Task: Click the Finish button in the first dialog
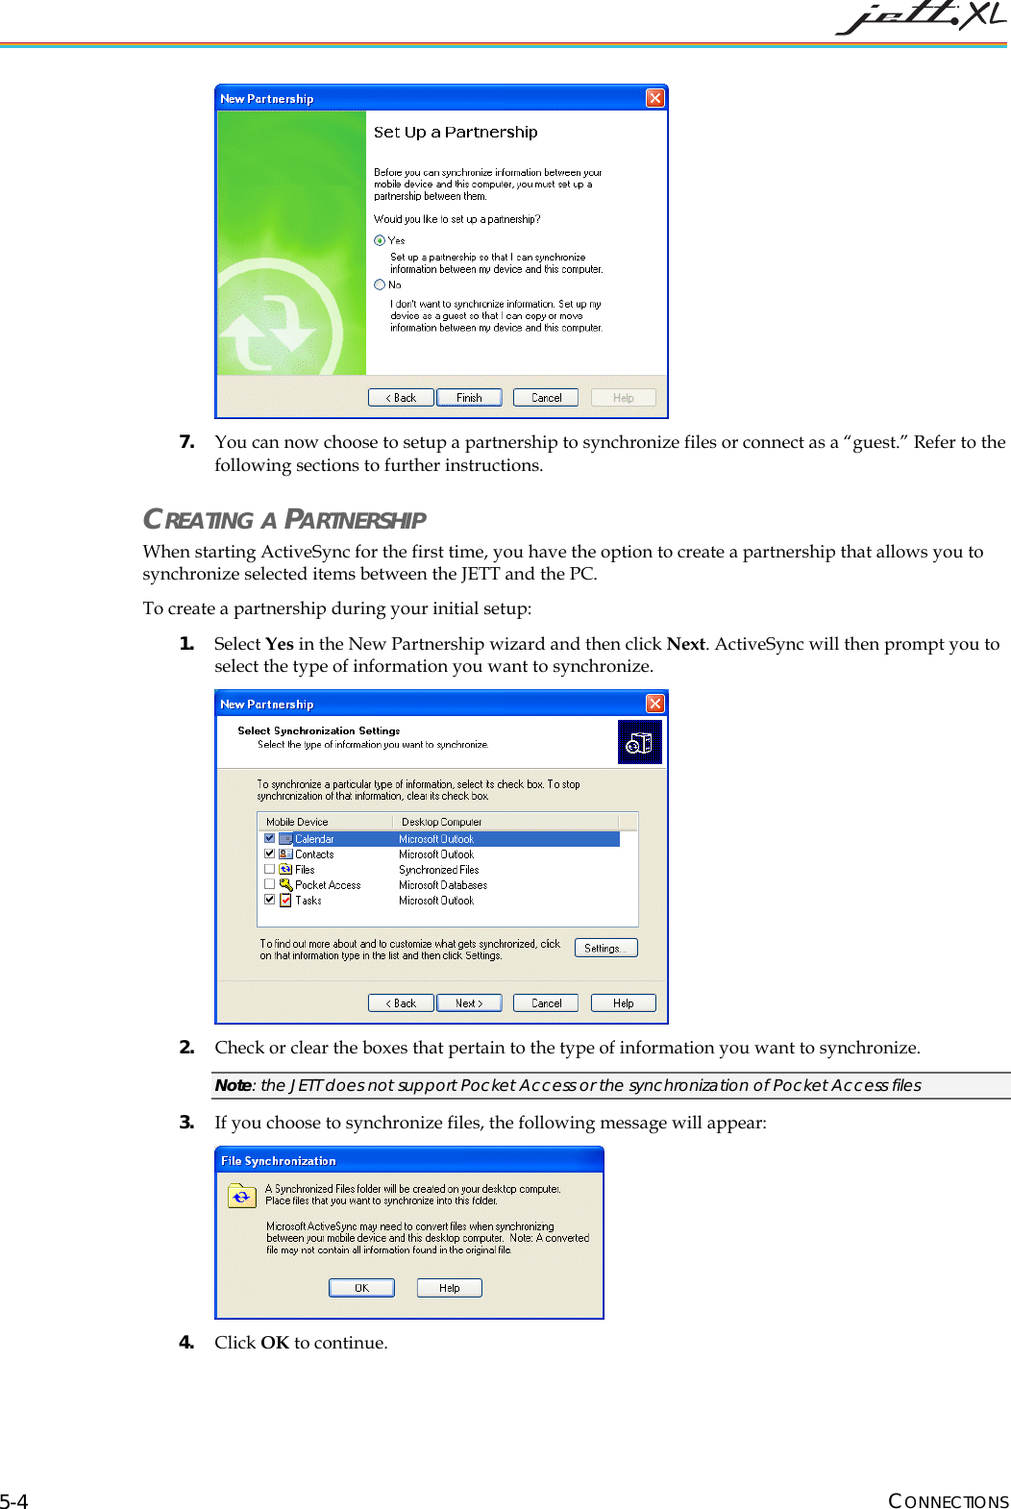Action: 469,398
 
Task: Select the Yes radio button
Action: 380,240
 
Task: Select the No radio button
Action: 380,284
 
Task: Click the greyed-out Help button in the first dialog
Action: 623,398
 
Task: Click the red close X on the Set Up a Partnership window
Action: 654,98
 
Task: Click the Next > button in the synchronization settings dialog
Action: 469,1003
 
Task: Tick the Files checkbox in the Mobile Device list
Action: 270,869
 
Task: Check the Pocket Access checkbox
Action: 270,884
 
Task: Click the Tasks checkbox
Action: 270,900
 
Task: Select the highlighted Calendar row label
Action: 314,839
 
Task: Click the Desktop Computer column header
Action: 442,822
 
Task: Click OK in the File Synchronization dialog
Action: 361,1288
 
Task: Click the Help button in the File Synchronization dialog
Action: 449,1288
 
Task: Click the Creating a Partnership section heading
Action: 284,520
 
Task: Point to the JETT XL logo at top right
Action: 921,17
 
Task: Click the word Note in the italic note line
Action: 233,1085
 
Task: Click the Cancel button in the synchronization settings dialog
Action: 546,1003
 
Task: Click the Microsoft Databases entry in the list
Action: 443,885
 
